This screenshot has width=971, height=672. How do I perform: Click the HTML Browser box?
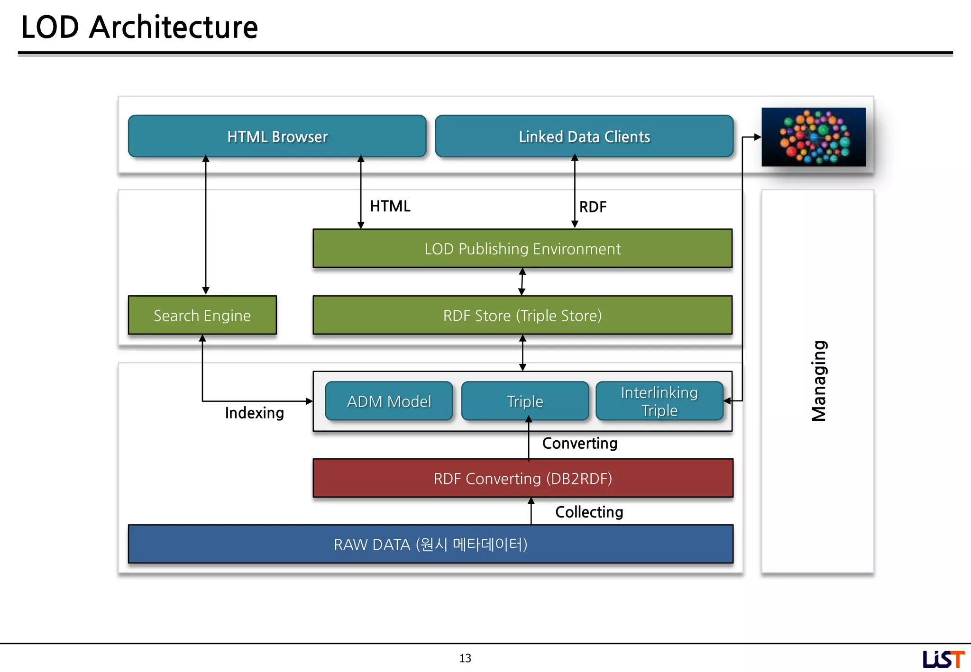(x=277, y=136)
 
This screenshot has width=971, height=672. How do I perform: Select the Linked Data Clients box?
(x=584, y=136)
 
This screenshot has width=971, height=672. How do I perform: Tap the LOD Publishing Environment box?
(x=522, y=249)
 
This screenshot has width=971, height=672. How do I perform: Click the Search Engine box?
(x=202, y=316)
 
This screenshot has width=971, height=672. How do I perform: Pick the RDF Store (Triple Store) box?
(x=522, y=316)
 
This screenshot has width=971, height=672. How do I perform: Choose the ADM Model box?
(x=389, y=401)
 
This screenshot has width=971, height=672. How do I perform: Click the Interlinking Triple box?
(x=660, y=401)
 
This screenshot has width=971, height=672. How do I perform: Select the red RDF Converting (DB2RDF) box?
(x=523, y=479)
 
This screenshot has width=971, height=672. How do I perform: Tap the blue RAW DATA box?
(x=431, y=545)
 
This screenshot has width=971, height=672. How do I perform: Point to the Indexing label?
(x=255, y=413)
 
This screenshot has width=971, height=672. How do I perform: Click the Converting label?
(x=580, y=444)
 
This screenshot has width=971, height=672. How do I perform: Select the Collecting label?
(x=589, y=512)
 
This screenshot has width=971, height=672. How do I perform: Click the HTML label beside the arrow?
(x=390, y=206)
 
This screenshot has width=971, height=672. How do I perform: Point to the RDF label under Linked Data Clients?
(x=593, y=207)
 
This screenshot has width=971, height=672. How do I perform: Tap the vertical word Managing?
(x=819, y=381)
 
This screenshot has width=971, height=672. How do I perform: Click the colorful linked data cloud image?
(x=814, y=137)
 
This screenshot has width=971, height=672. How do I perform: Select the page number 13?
(x=465, y=658)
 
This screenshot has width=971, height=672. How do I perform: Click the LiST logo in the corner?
(x=943, y=659)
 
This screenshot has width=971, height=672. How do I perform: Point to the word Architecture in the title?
(x=174, y=27)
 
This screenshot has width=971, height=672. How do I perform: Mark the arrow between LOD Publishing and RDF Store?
(x=522, y=282)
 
